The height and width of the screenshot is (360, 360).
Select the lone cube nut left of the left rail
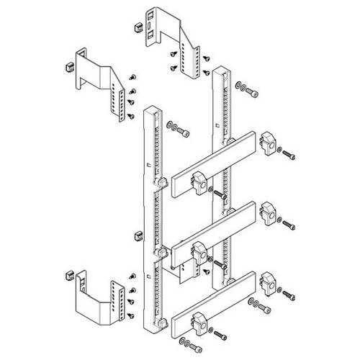pyautogui.click(x=138, y=235)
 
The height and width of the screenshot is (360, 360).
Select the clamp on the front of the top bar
pyautogui.click(x=197, y=188)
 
